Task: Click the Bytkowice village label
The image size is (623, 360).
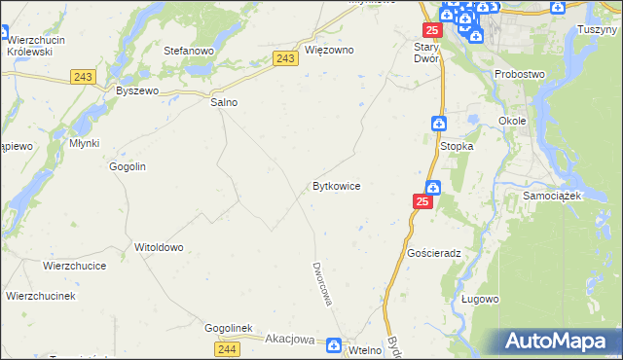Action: (x=337, y=185)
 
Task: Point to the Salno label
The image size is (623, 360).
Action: (x=224, y=101)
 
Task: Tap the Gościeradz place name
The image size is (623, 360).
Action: (x=434, y=251)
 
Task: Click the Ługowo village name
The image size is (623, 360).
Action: (x=479, y=300)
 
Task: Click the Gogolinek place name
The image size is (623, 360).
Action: (x=229, y=329)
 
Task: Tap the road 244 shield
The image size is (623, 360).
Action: (x=227, y=348)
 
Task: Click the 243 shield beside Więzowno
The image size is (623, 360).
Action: (x=285, y=59)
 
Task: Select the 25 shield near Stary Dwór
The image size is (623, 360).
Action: (x=432, y=31)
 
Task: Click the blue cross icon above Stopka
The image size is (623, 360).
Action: (x=439, y=124)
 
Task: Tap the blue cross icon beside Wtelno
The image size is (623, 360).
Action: (x=334, y=345)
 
